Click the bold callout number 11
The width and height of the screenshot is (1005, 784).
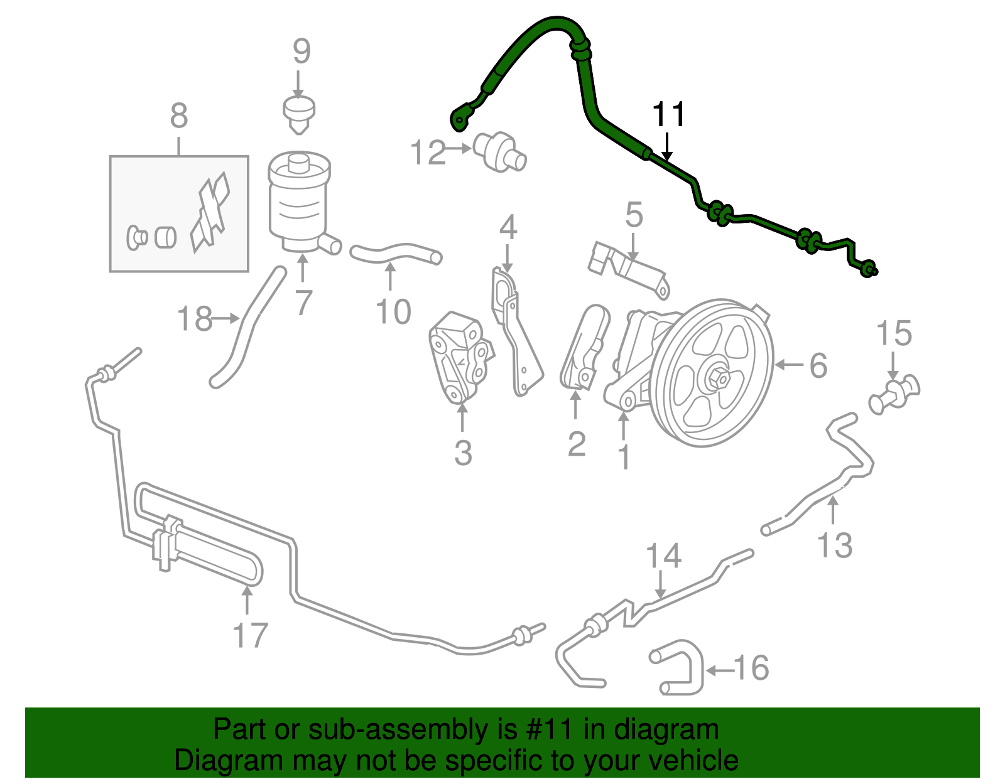click(669, 115)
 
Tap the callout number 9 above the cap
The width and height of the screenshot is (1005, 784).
click(301, 51)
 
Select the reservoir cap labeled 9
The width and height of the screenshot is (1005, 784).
click(298, 113)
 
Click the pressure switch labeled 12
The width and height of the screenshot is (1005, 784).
click(499, 151)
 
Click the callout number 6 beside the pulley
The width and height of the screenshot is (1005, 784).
click(818, 365)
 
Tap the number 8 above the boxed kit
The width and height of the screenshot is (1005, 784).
click(179, 116)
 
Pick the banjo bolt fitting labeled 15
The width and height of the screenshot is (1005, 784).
click(894, 394)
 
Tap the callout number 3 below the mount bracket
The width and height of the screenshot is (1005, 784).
click(463, 453)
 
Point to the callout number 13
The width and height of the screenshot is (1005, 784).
click(835, 544)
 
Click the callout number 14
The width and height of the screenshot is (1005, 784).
click(664, 556)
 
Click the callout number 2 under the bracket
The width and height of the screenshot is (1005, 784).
click(577, 444)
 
